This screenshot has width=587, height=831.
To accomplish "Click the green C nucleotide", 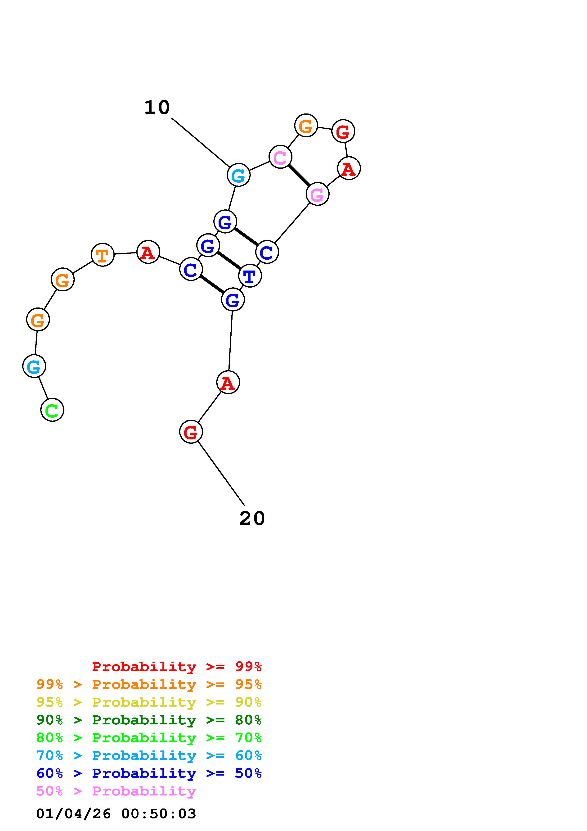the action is click(x=52, y=410).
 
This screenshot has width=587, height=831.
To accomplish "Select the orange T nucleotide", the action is click(x=103, y=255).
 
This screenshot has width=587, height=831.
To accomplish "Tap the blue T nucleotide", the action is click(x=250, y=276).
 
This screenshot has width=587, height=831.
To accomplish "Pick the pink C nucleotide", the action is click(x=280, y=157).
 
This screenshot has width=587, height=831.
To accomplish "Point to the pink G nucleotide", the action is click(x=317, y=194).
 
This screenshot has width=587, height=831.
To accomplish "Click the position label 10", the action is click(x=157, y=108).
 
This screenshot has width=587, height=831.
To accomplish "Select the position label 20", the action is click(x=252, y=518).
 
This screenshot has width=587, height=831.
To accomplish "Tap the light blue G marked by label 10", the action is click(x=238, y=175).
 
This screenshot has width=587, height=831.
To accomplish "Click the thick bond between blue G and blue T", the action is click(x=229, y=261).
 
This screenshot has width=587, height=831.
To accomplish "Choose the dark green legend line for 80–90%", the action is click(x=149, y=720).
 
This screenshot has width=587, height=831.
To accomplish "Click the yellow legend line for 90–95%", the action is click(x=149, y=702).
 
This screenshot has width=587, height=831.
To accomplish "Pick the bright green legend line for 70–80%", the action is click(x=149, y=738).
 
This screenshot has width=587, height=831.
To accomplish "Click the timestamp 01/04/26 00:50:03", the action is click(x=116, y=814).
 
